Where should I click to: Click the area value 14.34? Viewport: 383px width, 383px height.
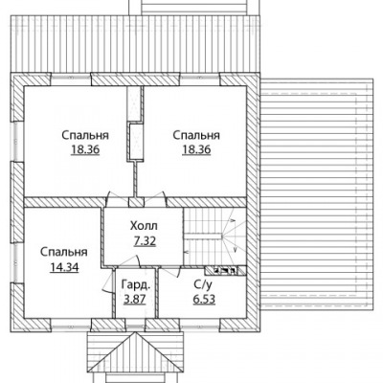pyautogui.click(x=64, y=267)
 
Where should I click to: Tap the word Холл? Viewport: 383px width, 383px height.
pyautogui.click(x=144, y=226)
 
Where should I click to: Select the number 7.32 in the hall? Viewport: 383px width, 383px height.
pyautogui.click(x=145, y=241)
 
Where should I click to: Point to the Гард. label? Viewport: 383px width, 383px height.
pyautogui.click(x=136, y=284)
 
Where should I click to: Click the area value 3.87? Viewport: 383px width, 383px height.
pyautogui.click(x=135, y=300)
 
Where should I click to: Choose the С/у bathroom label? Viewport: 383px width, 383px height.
pyautogui.click(x=203, y=284)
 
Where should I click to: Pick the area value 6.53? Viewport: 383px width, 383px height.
pyautogui.click(x=204, y=300)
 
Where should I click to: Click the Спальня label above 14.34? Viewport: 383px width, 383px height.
pyautogui.click(x=64, y=252)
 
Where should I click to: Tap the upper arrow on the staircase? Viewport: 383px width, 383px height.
pyautogui.click(x=233, y=220)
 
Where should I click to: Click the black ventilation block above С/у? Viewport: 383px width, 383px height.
pyautogui.click(x=226, y=271)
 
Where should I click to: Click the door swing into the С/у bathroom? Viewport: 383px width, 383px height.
pyautogui.click(x=172, y=273)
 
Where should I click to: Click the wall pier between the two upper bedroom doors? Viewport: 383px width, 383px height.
pyautogui.click(x=136, y=202)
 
